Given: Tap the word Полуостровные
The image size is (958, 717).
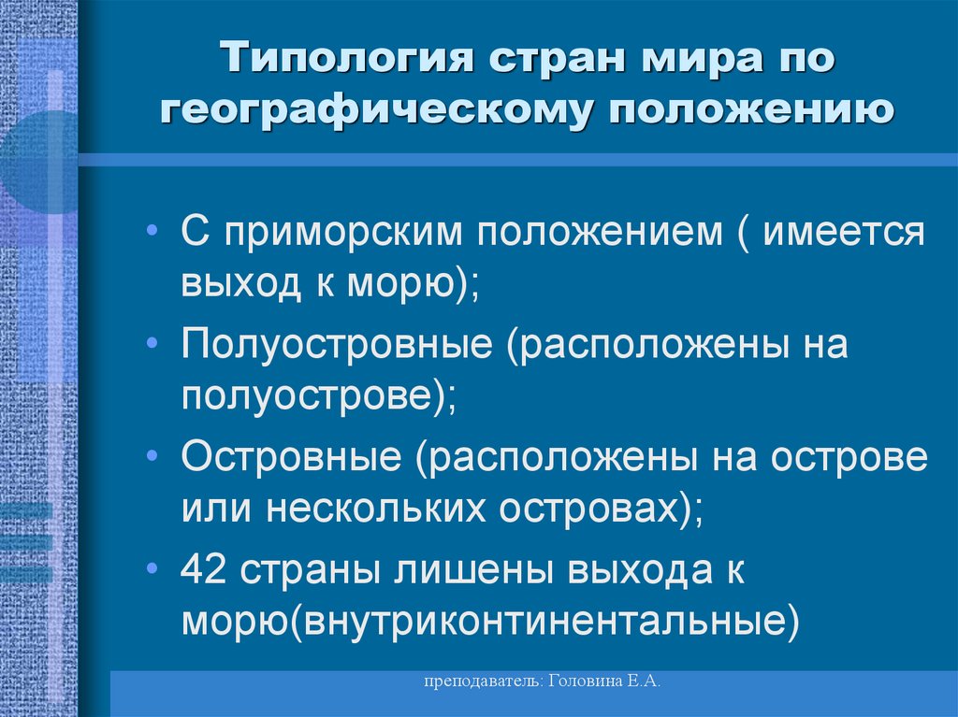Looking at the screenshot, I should [338, 345].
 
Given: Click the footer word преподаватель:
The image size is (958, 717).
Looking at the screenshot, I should [480, 684].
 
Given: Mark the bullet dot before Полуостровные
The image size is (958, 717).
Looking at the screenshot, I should [152, 346].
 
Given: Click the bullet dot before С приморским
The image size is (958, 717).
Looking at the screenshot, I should [152, 232].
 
